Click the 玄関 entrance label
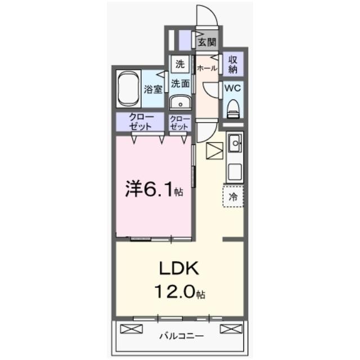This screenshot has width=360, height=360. pos(208,42)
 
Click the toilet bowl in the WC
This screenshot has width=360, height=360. pos(233,108)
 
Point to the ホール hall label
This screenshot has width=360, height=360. pos(207,68)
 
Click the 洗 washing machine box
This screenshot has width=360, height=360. pos(179,64)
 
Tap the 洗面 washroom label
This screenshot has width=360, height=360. pos(180,84)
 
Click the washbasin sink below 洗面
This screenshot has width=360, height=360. pos(180,103)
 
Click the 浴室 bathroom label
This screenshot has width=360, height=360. pos(152,88)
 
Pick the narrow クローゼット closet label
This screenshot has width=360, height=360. pos(180,122)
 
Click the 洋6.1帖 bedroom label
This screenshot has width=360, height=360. pos(153,190)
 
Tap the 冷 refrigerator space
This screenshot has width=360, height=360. pos(233,197)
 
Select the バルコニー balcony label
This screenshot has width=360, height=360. pos(180,336)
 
